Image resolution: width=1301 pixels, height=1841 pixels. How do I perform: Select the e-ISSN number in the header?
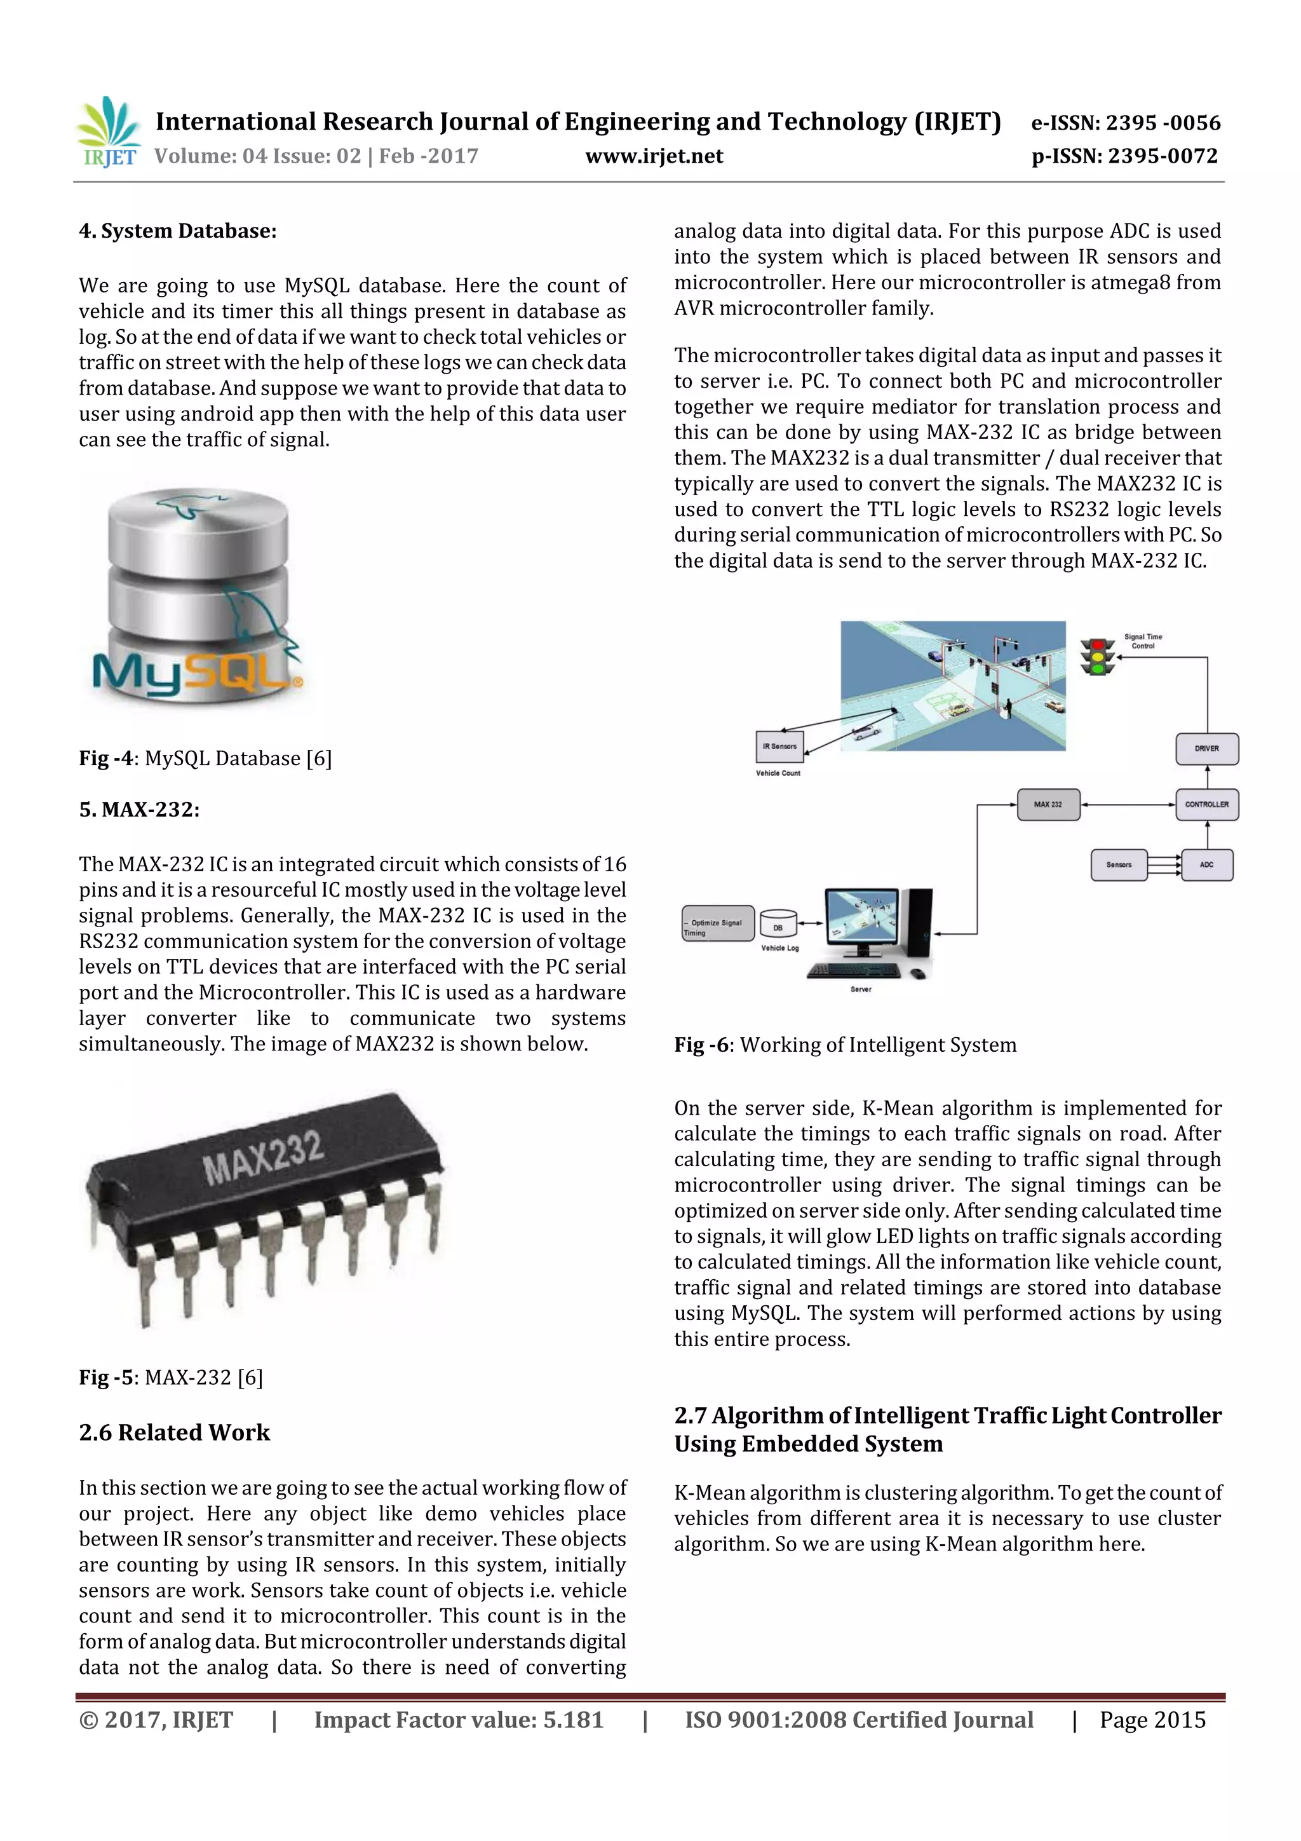[1126, 123]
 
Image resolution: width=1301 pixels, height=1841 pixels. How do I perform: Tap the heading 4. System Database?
[177, 231]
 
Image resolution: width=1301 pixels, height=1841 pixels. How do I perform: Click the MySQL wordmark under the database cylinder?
[197, 672]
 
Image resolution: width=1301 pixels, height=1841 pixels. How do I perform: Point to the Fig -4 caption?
[205, 757]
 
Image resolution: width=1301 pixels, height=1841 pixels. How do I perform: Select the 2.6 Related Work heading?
[174, 1432]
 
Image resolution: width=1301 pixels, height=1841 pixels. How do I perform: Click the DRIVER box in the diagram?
[1206, 749]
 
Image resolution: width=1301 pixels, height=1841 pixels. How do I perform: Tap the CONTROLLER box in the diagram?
[1206, 805]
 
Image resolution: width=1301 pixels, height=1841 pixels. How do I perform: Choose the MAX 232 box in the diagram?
[1048, 805]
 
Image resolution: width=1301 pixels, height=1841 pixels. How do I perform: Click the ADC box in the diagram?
[1206, 865]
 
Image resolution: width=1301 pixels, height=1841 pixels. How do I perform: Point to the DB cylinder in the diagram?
[778, 925]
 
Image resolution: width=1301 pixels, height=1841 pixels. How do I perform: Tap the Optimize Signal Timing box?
[717, 924]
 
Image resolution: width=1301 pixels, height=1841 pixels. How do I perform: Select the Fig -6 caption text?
[845, 1045]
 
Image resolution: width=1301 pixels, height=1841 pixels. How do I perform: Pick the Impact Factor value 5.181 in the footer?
[459, 1720]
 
